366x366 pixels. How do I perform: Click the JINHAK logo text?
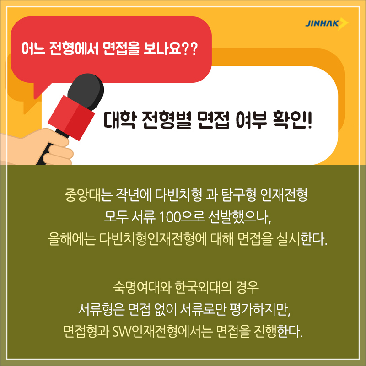pyautogui.click(x=322, y=23)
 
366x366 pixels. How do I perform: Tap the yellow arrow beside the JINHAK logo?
pyautogui.click(x=343, y=24)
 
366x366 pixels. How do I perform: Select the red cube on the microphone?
pyautogui.click(x=71, y=118)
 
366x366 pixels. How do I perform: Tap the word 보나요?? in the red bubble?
pyautogui.click(x=171, y=49)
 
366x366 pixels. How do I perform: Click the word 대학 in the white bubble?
pyautogui.click(x=119, y=120)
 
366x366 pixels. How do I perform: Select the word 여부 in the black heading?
pyautogui.click(x=251, y=120)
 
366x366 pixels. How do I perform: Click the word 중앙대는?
pyautogui.click(x=88, y=195)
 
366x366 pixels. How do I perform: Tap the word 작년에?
pyautogui.click(x=132, y=195)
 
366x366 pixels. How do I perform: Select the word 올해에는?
pyautogui.click(x=72, y=240)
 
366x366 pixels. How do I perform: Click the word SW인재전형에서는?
pyautogui.click(x=162, y=331)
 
